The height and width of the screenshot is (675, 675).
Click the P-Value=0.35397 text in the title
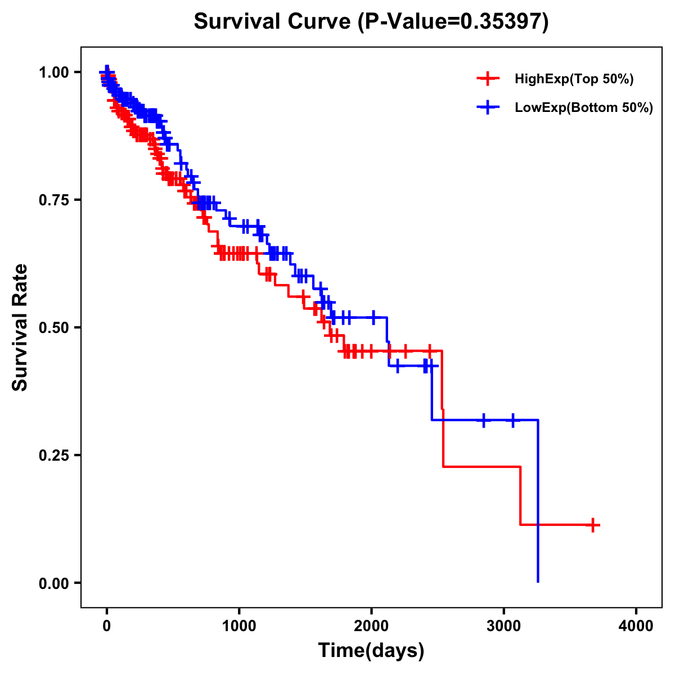[453, 21]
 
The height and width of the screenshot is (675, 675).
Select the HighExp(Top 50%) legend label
[574, 79]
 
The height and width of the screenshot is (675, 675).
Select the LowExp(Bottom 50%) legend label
[584, 108]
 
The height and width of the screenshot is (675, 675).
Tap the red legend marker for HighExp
[488, 79]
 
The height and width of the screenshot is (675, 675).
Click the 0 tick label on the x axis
[107, 627]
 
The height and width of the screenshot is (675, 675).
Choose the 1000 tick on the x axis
[239, 627]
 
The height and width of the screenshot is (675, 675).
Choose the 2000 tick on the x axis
[371, 627]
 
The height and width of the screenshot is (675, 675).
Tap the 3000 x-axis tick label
[504, 627]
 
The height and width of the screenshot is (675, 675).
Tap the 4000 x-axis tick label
[636, 627]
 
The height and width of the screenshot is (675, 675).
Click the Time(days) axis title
[371, 651]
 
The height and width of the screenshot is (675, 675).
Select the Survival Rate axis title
[20, 327]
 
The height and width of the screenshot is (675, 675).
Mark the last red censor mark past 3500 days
[592, 525]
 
